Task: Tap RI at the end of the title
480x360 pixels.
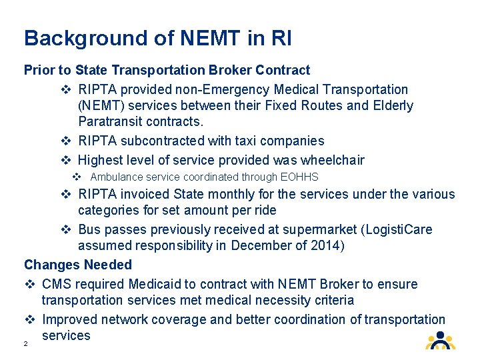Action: point(280,38)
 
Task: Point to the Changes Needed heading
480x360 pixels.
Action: point(78,265)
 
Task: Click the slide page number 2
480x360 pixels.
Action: point(25,344)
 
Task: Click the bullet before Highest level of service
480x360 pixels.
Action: point(65,160)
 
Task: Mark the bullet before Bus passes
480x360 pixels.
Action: point(65,230)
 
